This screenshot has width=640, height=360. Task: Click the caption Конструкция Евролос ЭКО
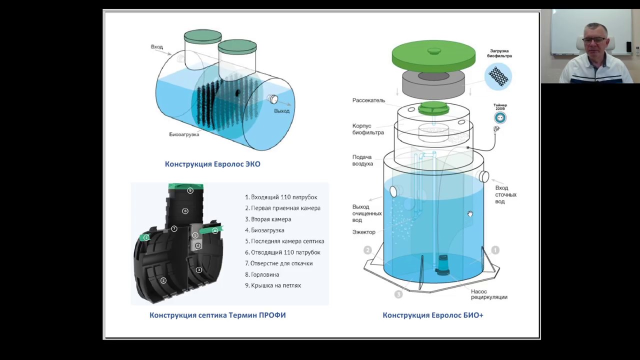pos(212,164)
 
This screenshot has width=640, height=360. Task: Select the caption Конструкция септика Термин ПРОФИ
pos(217,315)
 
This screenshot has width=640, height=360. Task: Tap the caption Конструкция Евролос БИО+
pos(433,315)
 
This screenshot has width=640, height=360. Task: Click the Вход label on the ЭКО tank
pos(157,47)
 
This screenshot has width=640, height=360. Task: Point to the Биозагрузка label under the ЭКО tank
pos(184,134)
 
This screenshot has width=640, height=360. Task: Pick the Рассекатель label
pos(368,100)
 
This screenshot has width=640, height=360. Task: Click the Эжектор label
pos(363,232)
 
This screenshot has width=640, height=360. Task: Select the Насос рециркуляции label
pos(488,294)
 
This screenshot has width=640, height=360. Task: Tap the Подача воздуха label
pos(362,160)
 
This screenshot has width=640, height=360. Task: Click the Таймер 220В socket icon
pos(500,118)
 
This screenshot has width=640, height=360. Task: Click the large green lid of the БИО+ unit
pos(433,55)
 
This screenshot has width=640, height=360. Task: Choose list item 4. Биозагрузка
pos(264,230)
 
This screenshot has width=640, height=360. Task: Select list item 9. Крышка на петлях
pos(273,285)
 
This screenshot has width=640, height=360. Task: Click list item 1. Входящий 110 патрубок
pos(281,197)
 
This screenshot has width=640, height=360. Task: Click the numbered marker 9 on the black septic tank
pos(190,190)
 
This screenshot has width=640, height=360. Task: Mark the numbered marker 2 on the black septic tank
pos(163,280)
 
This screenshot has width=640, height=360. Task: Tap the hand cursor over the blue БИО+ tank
pos(470,214)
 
